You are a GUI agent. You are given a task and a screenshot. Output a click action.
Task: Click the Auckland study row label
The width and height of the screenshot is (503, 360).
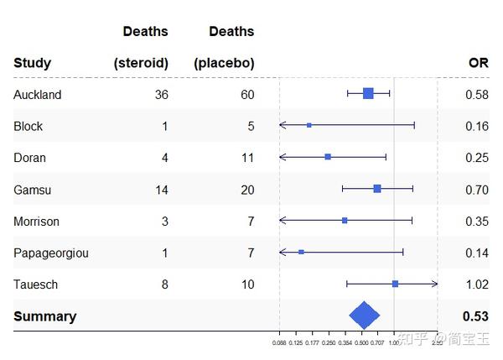click(38, 95)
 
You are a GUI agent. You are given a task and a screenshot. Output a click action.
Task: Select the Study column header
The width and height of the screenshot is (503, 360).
click(32, 63)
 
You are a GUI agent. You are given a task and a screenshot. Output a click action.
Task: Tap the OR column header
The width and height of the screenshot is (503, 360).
click(478, 63)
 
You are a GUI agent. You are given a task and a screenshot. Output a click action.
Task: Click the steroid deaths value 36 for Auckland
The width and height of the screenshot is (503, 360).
click(161, 95)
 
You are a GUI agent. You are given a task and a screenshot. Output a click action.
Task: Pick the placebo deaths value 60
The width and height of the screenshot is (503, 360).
click(247, 95)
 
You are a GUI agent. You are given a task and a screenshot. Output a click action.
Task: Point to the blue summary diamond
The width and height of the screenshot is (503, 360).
click(364, 316)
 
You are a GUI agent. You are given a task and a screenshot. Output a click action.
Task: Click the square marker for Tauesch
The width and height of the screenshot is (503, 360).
click(395, 284)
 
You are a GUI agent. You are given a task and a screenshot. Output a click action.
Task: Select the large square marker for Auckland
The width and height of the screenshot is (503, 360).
click(368, 93)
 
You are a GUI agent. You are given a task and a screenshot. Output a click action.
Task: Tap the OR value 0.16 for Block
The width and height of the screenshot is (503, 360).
click(476, 127)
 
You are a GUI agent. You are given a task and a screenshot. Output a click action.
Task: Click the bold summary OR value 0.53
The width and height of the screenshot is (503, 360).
click(475, 316)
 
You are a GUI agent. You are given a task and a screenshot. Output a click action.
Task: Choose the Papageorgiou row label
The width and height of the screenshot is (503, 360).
click(51, 253)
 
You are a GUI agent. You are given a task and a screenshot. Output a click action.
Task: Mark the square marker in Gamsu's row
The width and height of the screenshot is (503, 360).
click(376, 189)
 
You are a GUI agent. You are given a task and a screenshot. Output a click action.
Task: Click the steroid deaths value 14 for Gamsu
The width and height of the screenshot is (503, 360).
click(161, 190)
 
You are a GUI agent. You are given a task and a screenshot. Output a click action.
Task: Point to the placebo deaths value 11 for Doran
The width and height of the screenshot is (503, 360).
click(247, 158)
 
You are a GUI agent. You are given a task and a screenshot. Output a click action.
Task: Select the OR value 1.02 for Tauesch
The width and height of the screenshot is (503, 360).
click(476, 284)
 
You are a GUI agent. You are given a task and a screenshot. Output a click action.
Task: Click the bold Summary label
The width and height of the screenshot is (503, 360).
click(44, 316)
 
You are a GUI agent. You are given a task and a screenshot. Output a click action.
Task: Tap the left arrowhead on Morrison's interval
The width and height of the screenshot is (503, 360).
click(283, 220)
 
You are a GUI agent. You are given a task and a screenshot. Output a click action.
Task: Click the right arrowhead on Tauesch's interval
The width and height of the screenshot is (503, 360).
click(434, 284)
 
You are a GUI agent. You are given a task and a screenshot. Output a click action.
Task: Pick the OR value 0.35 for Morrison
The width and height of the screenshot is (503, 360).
click(476, 222)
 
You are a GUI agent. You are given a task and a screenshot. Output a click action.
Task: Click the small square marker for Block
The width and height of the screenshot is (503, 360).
click(309, 125)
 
